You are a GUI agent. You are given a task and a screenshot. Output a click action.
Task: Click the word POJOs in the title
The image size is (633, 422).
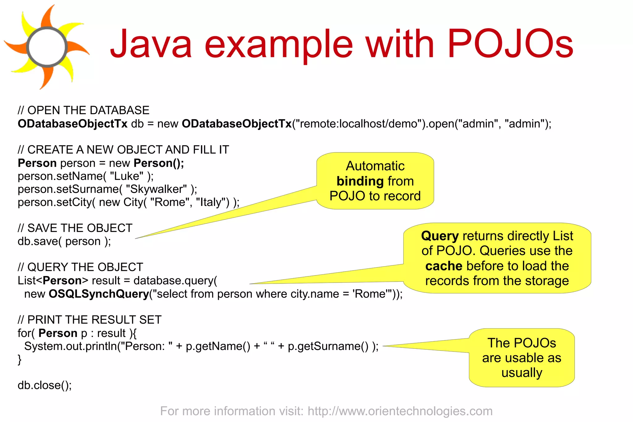coord(510,44)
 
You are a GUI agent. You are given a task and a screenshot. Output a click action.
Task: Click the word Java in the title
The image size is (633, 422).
coord(151,44)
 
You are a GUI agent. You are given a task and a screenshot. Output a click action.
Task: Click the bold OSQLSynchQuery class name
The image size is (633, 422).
coord(99,294)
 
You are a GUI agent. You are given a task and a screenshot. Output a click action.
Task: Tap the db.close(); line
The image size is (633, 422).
coord(45,385)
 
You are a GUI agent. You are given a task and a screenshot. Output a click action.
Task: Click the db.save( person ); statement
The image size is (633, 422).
coord(64,241)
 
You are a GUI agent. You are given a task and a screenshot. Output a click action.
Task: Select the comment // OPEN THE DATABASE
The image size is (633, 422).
coord(83,110)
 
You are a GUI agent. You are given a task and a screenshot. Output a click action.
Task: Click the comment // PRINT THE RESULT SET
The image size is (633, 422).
coord(90,320)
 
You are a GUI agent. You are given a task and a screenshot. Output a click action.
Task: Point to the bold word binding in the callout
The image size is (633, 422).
coord(360,181)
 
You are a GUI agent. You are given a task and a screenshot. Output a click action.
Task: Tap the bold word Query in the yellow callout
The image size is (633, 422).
coord(440,236)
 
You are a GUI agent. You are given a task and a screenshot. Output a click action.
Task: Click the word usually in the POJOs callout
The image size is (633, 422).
coord(521,373)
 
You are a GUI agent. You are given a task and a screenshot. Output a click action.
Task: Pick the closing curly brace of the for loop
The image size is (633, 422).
coord(19,360)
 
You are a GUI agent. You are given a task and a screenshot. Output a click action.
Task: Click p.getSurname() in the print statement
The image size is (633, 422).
coord(328,346)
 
